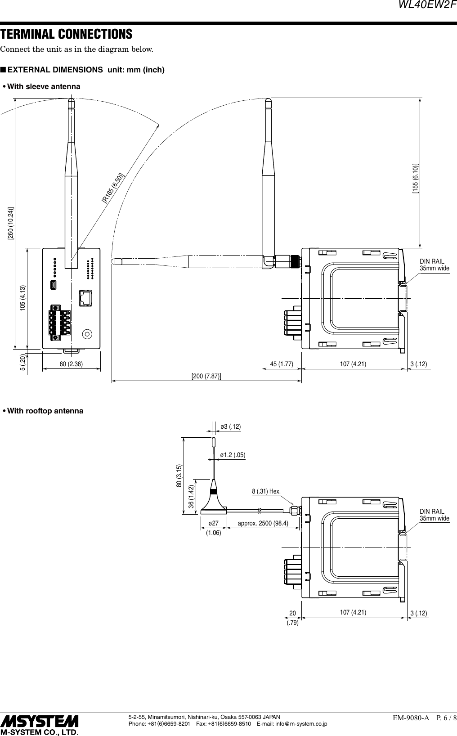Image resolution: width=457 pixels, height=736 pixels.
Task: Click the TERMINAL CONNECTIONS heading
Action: pos(66,34)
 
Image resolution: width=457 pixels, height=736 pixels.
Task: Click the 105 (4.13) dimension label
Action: pos(23,298)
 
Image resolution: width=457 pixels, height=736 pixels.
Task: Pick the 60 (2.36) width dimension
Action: pos(71,364)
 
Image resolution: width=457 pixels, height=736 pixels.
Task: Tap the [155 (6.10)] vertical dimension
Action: pos(416,179)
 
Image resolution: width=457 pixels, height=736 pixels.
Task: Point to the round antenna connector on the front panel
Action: pos(87,334)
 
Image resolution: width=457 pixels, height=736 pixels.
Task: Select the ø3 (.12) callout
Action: pos(231,426)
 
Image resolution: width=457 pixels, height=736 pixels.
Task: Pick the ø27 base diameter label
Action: pos(214,524)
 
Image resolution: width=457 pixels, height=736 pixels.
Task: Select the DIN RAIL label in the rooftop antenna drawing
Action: pos(432,512)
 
